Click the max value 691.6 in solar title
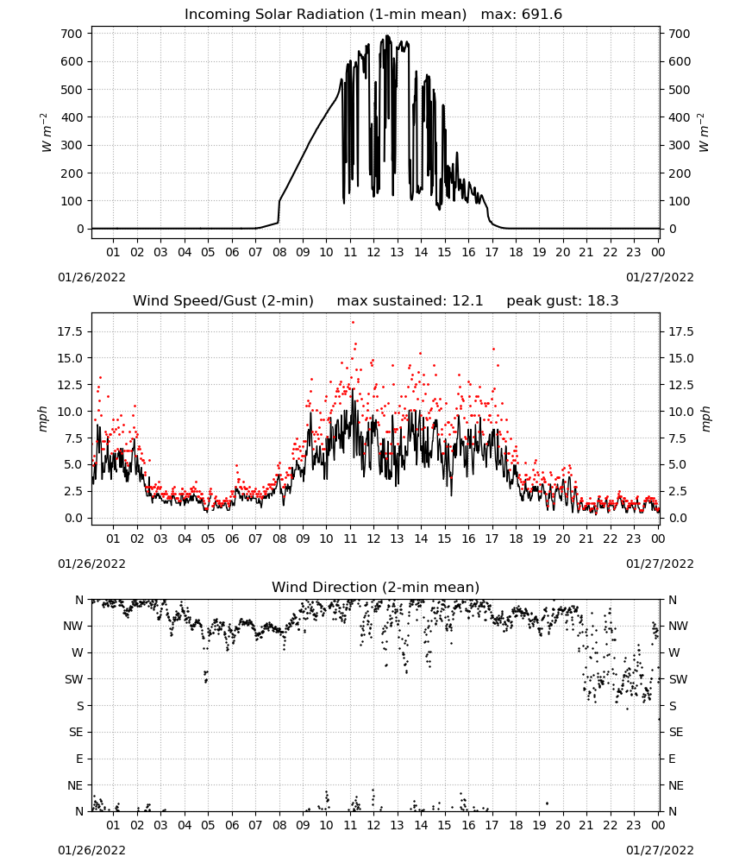click(542, 15)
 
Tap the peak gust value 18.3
click(604, 301)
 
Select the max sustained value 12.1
click(468, 301)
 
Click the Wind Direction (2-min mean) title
click(376, 587)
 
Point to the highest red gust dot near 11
click(353, 323)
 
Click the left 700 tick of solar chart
click(72, 34)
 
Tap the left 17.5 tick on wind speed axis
click(71, 332)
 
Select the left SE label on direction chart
click(76, 733)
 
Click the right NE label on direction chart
click(676, 786)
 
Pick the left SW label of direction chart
click(74, 680)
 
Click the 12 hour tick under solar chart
click(374, 253)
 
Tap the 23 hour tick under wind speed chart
click(634, 539)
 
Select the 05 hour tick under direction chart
click(208, 826)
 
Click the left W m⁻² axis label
click(47, 132)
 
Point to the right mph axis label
click(706, 419)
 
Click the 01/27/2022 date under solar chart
click(660, 277)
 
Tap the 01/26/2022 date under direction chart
click(91, 850)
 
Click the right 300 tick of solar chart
click(680, 145)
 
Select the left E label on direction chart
click(79, 759)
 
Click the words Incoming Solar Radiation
click(274, 15)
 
